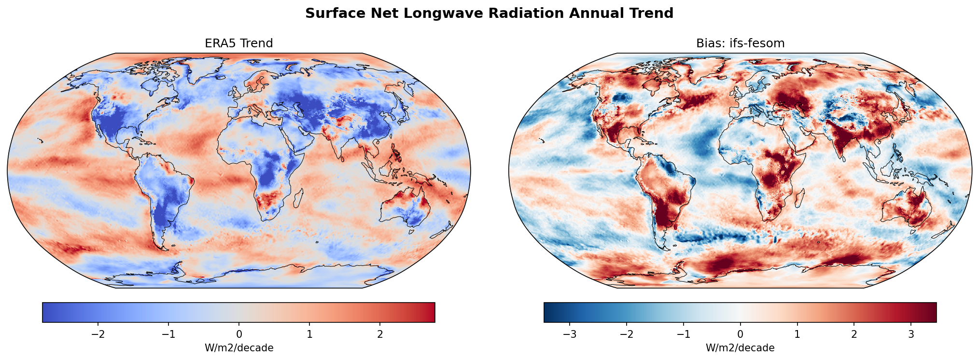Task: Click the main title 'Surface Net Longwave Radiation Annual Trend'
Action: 489,14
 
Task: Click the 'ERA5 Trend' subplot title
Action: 238,43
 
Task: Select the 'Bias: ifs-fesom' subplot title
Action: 740,43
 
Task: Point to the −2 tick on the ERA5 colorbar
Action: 98,334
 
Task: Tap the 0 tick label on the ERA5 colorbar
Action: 239,334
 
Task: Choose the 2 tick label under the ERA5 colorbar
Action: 380,334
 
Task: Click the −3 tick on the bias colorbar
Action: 570,334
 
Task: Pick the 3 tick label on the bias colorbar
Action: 911,334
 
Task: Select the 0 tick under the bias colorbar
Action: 740,334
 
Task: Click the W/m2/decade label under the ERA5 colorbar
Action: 239,348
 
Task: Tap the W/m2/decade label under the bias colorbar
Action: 740,348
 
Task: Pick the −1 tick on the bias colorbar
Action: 683,334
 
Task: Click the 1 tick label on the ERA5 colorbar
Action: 309,334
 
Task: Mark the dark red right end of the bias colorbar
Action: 932,312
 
